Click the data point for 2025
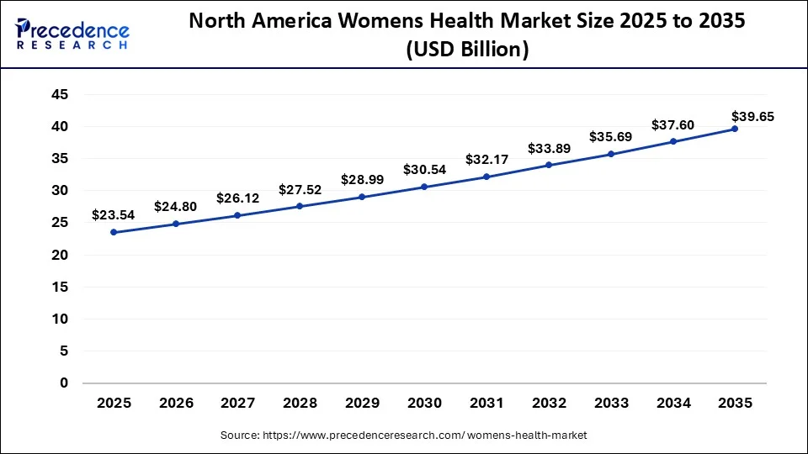[x=114, y=232]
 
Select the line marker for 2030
[x=423, y=187]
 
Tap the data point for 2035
[x=734, y=129]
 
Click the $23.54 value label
[x=114, y=215]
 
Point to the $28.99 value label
[x=362, y=180]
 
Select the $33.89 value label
[x=548, y=148]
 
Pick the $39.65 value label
[x=752, y=116]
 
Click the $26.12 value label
[x=238, y=198]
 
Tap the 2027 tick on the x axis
[x=237, y=404]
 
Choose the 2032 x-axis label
[x=548, y=404]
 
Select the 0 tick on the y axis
[x=63, y=383]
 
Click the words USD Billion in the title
[x=467, y=50]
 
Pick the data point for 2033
[x=610, y=154]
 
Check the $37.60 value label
[x=672, y=124]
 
